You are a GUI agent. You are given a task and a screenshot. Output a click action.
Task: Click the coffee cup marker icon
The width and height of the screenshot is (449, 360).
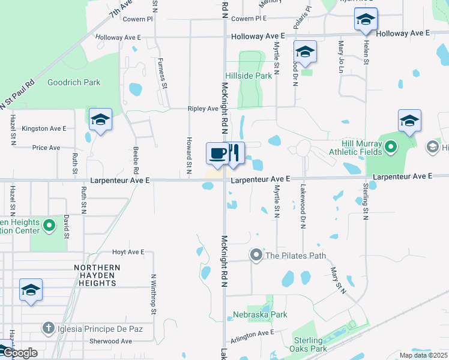[x=217, y=153]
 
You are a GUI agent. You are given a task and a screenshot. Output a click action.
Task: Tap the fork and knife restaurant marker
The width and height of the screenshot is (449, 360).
[x=235, y=152]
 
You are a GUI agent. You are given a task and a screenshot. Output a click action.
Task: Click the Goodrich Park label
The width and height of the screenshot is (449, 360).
[x=74, y=82]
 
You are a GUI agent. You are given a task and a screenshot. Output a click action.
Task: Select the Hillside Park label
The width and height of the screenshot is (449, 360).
[x=249, y=76]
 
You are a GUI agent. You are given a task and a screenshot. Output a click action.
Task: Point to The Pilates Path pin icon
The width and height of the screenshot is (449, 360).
[x=256, y=256]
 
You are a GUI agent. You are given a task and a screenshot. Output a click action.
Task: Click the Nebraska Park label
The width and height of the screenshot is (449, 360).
[x=261, y=314]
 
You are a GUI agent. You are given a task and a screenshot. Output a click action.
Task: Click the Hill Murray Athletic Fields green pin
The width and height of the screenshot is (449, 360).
[x=390, y=146]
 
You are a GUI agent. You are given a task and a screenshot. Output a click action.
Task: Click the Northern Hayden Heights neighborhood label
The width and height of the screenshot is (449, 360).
[x=97, y=275]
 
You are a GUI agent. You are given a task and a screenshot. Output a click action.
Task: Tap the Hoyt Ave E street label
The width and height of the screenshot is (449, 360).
[x=128, y=252]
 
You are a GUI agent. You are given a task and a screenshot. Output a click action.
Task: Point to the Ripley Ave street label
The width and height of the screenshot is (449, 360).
[x=203, y=109]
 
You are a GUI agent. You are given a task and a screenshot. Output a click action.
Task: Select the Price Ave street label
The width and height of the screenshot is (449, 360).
[x=46, y=148]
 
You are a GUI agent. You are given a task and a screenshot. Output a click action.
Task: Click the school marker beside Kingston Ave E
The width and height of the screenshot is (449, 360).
[x=100, y=119]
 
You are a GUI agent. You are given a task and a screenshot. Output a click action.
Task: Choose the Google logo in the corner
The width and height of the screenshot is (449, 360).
[x=20, y=353]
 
